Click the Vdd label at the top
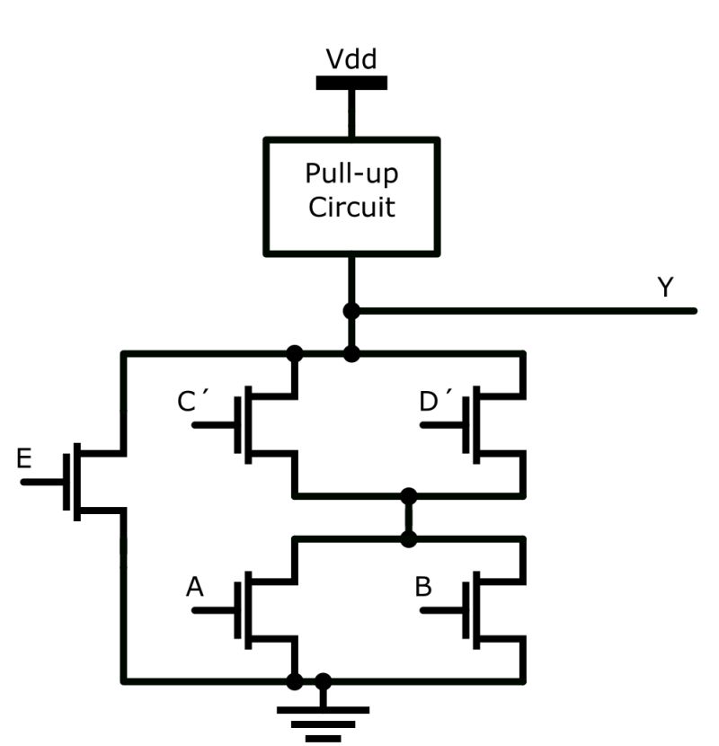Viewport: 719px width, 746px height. click(351, 60)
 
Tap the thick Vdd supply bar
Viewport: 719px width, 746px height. click(351, 83)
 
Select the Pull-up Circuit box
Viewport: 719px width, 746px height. click(351, 196)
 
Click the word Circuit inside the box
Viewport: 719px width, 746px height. click(351, 208)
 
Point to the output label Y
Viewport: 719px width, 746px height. click(665, 288)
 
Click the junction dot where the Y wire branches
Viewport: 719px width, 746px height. click(351, 311)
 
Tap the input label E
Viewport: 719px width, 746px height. click(24, 461)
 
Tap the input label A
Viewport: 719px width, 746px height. click(194, 588)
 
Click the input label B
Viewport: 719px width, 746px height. click(423, 588)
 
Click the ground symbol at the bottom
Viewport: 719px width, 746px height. click(323, 719)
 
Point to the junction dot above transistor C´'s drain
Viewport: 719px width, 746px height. click(294, 353)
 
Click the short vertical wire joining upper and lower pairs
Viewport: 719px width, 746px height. click(409, 518)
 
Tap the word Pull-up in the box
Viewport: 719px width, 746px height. click(351, 173)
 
